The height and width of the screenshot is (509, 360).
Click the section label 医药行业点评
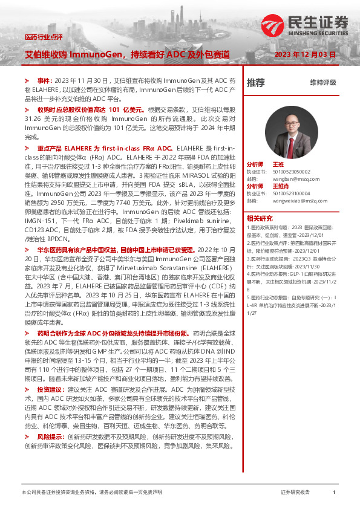pos(44,37)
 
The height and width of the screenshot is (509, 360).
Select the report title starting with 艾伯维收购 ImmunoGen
pos(126,54)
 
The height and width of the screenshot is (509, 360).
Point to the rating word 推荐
pos(256,83)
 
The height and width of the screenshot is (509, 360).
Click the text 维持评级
pos(322,83)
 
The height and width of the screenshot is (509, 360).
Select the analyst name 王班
pos(278,164)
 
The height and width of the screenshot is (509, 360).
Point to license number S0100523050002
pos(295,171)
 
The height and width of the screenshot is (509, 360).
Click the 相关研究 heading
pos(260,218)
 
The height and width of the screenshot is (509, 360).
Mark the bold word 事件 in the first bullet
pos(45,80)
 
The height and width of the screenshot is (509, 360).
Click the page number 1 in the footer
pos(334,493)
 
